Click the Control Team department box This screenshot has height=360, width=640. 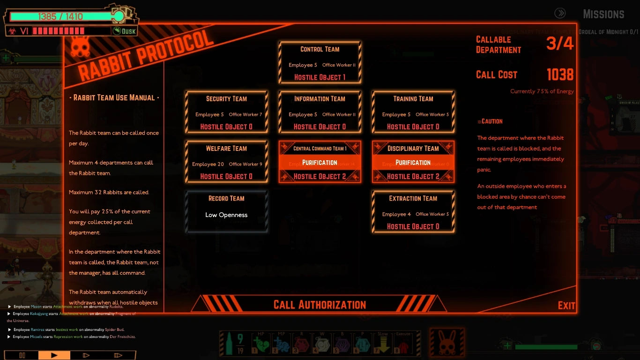click(320, 62)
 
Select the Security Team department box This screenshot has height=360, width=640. click(226, 112)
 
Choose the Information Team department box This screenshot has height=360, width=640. click(320, 112)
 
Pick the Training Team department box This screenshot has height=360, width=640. click(413, 112)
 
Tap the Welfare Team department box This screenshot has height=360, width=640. click(226, 162)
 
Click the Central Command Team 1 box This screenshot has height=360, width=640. click(320, 162)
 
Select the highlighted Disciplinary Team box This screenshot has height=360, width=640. click(413, 162)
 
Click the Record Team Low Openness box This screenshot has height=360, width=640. click(226, 211)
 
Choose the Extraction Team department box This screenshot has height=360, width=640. click(413, 211)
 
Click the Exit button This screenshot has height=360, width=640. click(566, 306)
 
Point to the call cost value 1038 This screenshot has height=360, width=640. click(560, 75)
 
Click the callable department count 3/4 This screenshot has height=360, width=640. click(560, 44)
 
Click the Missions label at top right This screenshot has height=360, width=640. click(603, 14)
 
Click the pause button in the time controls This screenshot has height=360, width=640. click(22, 355)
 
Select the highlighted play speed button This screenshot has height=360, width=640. click(54, 355)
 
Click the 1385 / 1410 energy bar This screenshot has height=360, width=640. click(61, 17)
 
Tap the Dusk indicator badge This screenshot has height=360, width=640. click(125, 31)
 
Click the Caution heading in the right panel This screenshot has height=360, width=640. click(490, 121)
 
